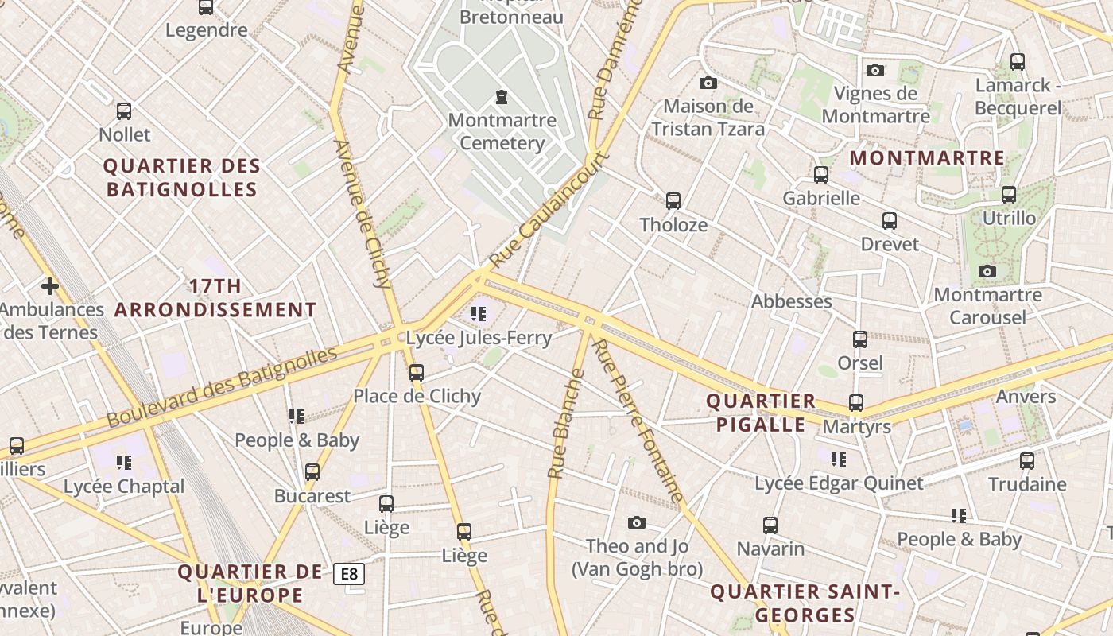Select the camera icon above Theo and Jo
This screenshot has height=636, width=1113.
click(636, 522)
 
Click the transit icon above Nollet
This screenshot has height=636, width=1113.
click(124, 111)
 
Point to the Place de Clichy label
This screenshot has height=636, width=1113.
click(417, 396)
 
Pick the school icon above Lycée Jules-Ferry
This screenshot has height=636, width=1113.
click(478, 314)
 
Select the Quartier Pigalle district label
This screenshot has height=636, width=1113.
click(761, 413)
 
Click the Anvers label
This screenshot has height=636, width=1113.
click(1026, 396)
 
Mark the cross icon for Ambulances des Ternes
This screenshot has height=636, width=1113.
click(50, 285)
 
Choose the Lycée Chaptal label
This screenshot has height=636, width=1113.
click(123, 487)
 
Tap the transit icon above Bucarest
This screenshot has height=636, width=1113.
click(312, 472)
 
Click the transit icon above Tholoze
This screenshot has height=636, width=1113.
click(673, 201)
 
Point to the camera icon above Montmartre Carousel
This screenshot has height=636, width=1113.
click(987, 271)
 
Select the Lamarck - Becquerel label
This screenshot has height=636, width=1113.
click(1018, 96)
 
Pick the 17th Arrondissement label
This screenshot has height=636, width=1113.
click(215, 298)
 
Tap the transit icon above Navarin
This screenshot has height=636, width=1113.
click(770, 525)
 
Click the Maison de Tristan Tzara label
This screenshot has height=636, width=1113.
click(708, 117)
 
